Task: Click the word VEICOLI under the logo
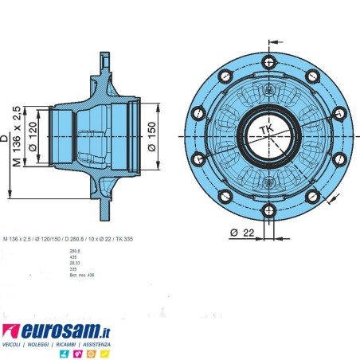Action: coord(14,344)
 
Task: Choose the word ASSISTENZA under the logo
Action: coord(94,344)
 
